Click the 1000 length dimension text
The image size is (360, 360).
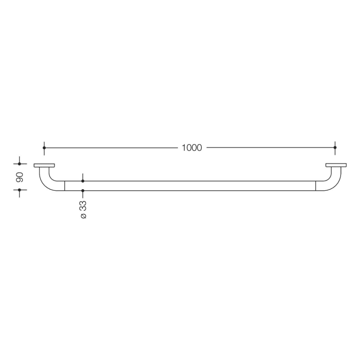192,148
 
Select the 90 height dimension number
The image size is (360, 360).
20,177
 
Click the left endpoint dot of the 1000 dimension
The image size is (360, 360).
44,148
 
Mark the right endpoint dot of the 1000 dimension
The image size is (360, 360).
335,148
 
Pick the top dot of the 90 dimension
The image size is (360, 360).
20,164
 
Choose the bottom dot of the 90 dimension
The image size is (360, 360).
20,190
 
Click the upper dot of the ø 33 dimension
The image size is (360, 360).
83,181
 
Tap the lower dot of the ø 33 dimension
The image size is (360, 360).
83,191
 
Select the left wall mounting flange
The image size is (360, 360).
44,166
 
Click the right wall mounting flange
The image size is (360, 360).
335,166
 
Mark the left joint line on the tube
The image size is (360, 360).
64,186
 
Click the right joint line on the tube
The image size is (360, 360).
315,186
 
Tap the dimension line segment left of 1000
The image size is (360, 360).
111,148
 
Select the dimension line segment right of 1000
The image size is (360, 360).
270,148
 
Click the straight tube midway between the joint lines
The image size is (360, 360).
190,186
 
